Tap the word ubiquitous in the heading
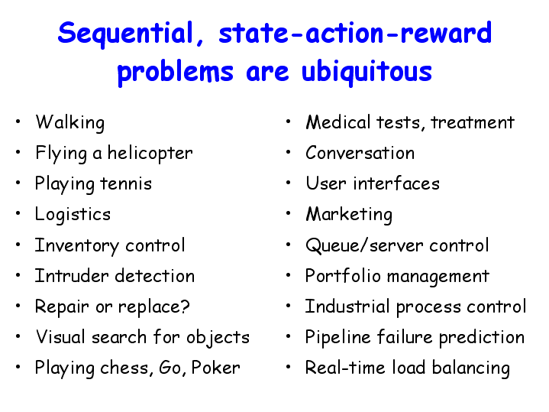pos(367,73)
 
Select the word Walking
pos(70,123)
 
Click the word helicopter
pos(150,154)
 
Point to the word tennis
pos(126,183)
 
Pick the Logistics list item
pos(73,215)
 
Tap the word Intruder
pos(72,276)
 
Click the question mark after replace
pos(185,306)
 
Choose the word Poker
pos(215,368)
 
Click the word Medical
pos(338,122)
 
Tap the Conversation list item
pos(360,153)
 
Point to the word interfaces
pos(396,183)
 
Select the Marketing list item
pos(349,214)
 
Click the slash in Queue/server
pos(364,245)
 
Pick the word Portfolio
pos(343,276)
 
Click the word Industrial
pos(347,306)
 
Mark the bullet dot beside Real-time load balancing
pos(288,367)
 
